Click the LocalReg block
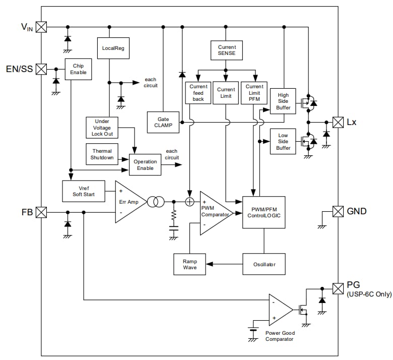(x=109, y=48)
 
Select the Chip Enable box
(x=78, y=69)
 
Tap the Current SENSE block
(x=226, y=50)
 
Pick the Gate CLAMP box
(x=163, y=122)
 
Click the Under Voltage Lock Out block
(x=102, y=128)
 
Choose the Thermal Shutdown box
(x=102, y=154)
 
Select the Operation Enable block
(x=145, y=165)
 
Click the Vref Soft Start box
(x=84, y=191)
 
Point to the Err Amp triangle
(x=129, y=202)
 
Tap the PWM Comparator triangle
(x=214, y=213)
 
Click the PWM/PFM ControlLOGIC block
(x=264, y=212)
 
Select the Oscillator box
(x=264, y=264)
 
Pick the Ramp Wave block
(x=189, y=264)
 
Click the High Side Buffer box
(x=283, y=101)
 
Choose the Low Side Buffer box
(x=283, y=141)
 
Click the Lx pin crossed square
(x=338, y=122)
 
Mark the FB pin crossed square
(x=41, y=212)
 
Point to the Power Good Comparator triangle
(x=279, y=310)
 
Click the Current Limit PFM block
(x=254, y=93)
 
